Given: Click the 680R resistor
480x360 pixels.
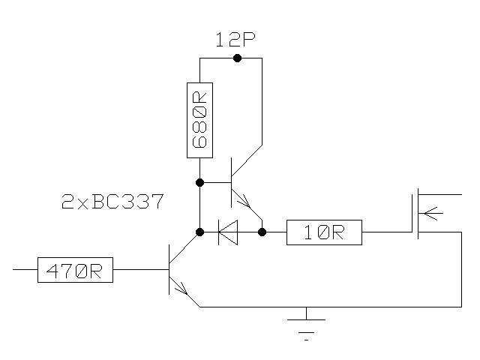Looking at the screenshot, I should tap(199, 120).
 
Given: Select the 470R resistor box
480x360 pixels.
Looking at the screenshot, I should tap(75, 269).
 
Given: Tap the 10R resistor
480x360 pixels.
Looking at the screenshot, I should tap(325, 232).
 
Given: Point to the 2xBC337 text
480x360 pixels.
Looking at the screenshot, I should tap(112, 202).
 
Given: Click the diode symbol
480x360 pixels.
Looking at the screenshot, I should tap(228, 232).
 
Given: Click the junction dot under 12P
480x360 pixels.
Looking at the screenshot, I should tap(237, 58).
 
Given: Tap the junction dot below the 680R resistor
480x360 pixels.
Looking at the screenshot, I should tap(199, 182).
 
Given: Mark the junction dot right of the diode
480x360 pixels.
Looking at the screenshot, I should tap(262, 232).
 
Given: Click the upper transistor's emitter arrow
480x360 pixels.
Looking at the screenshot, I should tap(243, 201).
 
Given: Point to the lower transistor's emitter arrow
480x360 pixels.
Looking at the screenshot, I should tap(181, 287).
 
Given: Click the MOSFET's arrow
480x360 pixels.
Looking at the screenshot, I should tap(429, 213).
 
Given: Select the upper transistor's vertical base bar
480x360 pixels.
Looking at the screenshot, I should tap(232, 182).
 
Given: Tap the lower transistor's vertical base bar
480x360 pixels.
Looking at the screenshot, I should tap(169, 269).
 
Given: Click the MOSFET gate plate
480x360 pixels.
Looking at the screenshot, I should tap(412, 214).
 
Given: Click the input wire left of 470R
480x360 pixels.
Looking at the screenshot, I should tap(25, 269).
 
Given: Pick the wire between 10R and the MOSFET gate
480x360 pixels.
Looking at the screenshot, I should tap(387, 232).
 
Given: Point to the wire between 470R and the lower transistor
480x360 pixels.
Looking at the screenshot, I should tap(141, 269).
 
